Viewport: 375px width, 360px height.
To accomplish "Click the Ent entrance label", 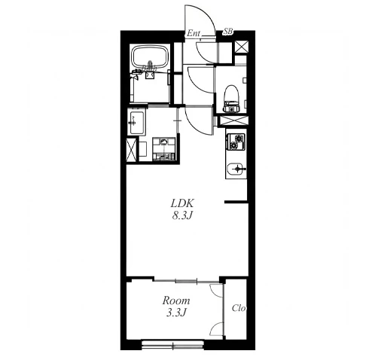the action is pyautogui.click(x=194, y=33).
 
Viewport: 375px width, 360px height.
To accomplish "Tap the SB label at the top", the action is pyautogui.click(x=228, y=32).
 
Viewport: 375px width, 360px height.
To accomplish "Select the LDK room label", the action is pyautogui.click(x=182, y=203).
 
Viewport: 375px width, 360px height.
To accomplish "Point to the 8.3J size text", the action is pyautogui.click(x=182, y=215).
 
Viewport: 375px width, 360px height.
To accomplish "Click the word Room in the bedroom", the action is pyautogui.click(x=176, y=301).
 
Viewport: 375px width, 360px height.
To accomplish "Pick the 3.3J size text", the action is pyautogui.click(x=176, y=313).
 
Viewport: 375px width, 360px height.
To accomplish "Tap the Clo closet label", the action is pyautogui.click(x=239, y=308).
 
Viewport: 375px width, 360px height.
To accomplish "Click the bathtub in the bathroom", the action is pyautogui.click(x=150, y=57).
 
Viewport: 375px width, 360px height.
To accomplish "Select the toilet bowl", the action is pyautogui.click(x=231, y=98).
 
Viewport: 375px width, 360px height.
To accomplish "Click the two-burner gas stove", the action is pyautogui.click(x=236, y=142).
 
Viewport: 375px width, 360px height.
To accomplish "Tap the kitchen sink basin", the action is pyautogui.click(x=236, y=169).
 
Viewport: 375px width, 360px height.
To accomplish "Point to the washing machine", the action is pyautogui.click(x=163, y=148).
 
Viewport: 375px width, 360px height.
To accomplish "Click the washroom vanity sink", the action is pyautogui.click(x=136, y=123).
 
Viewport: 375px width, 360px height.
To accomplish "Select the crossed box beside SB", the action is pyautogui.click(x=242, y=47).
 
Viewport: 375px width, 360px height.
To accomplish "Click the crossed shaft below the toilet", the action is pyautogui.click(x=233, y=121).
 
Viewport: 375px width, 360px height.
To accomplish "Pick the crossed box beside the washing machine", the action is pyautogui.click(x=131, y=150).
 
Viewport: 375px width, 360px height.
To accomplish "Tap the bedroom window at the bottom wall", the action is pyautogui.click(x=172, y=344).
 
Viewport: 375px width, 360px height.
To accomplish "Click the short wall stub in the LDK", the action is pyautogui.click(x=236, y=202).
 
